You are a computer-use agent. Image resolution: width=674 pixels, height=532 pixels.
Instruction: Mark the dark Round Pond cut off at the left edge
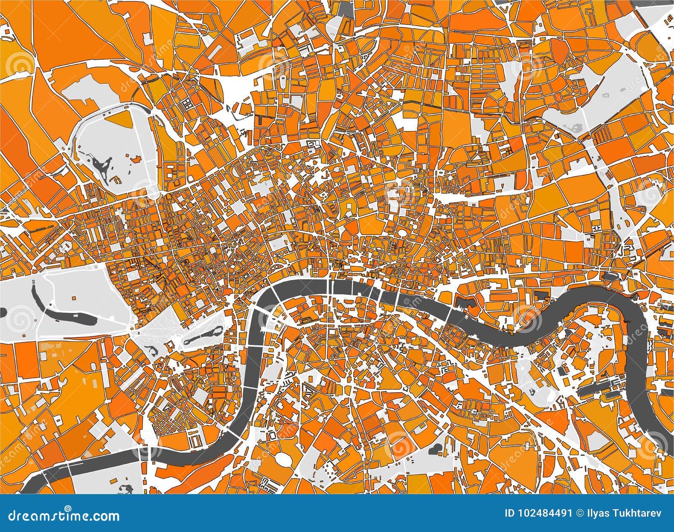[2, 312]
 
